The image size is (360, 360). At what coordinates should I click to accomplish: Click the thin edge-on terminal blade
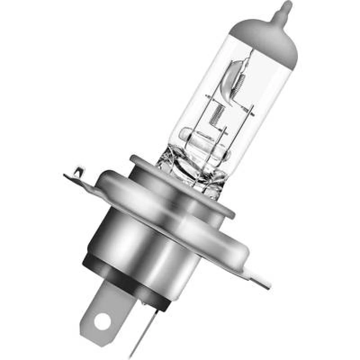(x=151, y=315)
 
